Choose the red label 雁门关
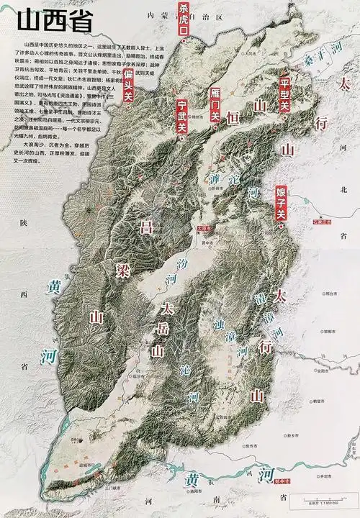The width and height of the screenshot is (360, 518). tap(214, 105)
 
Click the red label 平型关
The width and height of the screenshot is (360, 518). tap(284, 94)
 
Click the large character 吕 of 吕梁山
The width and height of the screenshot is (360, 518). tap(145, 230)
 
